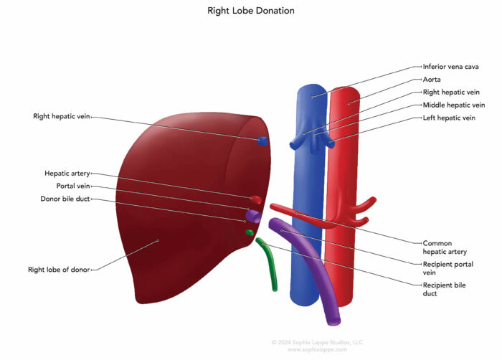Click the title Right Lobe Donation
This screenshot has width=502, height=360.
251,11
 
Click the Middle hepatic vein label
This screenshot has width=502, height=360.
453,105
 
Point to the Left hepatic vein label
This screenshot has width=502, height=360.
449,118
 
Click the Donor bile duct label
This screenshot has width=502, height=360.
65,199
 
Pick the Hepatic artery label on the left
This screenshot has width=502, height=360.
67,173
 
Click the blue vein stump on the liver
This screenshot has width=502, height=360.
263,141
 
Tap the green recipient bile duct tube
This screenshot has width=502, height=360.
270,265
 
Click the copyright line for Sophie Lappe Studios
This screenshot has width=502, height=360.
308,342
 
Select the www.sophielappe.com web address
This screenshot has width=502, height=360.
308,349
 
